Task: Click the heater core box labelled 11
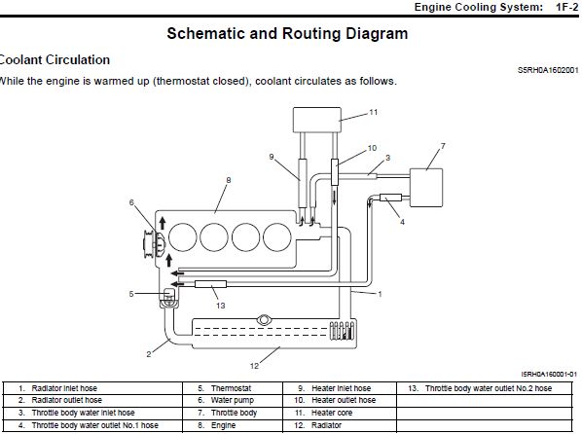(x=317, y=120)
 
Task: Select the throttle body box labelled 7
(x=426, y=188)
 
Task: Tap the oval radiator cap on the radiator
(x=263, y=319)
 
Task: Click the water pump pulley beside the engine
(x=149, y=244)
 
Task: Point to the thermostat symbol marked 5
(x=169, y=298)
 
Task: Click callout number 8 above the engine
(x=229, y=180)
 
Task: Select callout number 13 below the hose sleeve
(x=221, y=306)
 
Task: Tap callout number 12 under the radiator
(x=254, y=366)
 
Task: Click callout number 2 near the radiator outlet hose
(x=149, y=354)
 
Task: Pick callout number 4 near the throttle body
(x=402, y=222)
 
